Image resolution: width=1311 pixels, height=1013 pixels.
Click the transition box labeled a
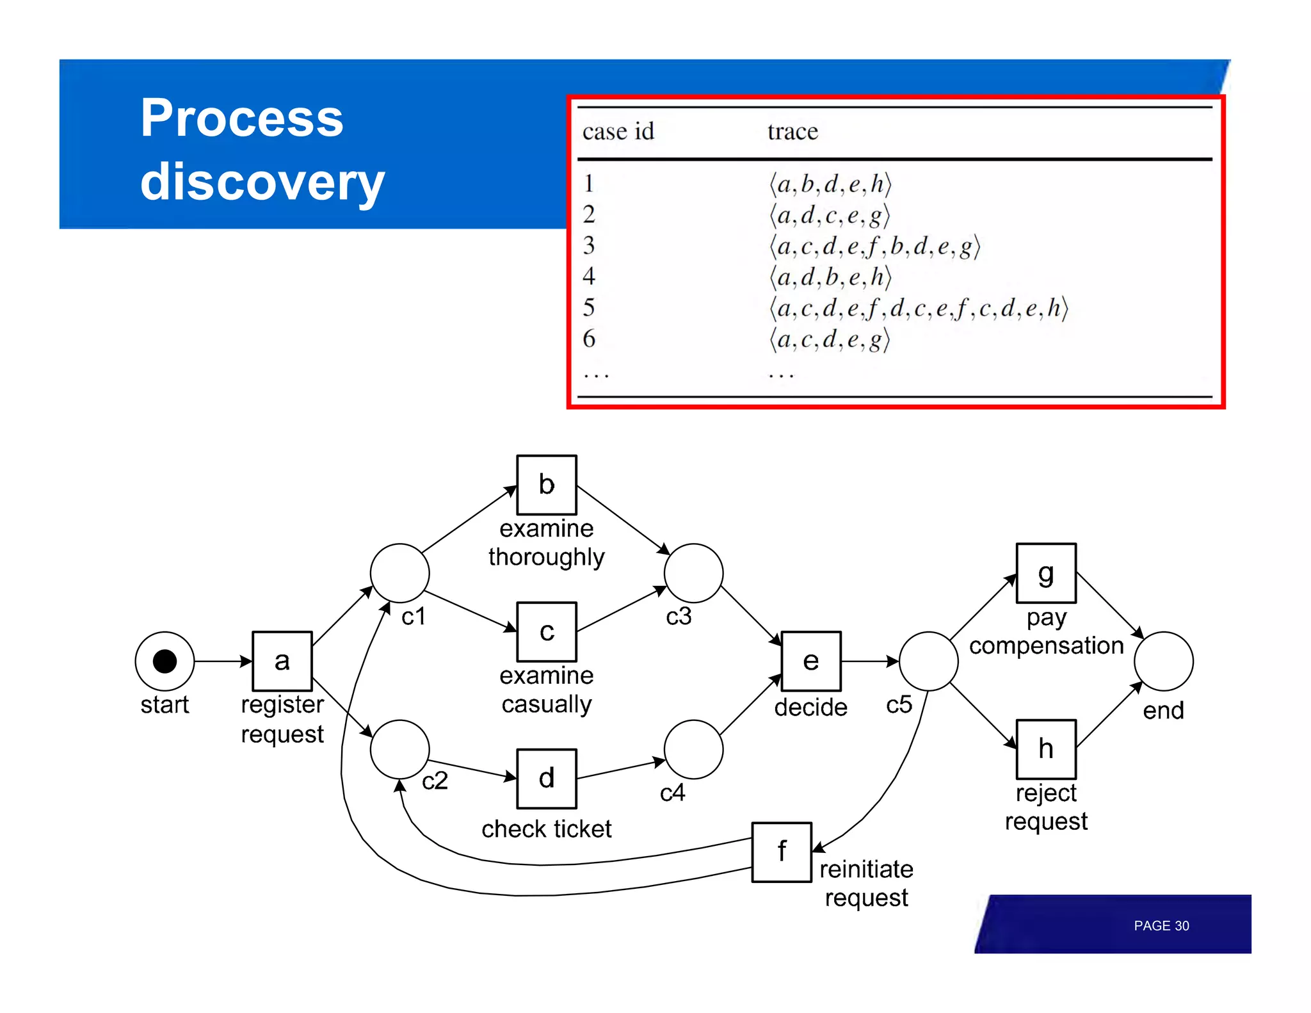(x=282, y=661)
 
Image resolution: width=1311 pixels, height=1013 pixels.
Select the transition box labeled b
(x=546, y=485)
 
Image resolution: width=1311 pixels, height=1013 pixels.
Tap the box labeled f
(x=781, y=852)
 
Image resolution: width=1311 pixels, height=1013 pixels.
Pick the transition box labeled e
(x=810, y=661)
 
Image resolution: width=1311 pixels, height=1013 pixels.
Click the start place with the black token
(x=165, y=661)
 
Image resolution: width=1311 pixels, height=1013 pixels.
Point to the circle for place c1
(x=399, y=573)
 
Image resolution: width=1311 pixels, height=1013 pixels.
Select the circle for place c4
(x=693, y=749)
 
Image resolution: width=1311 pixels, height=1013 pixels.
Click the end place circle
(x=1163, y=661)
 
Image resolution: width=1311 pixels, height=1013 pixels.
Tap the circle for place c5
(x=928, y=661)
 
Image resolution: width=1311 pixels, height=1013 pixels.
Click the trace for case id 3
(x=874, y=247)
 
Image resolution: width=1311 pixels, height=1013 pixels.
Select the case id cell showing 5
(x=589, y=308)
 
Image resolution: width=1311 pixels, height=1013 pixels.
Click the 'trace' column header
(x=792, y=132)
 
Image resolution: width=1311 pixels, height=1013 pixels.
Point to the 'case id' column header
(x=618, y=132)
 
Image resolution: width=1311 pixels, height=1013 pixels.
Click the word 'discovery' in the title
(x=262, y=182)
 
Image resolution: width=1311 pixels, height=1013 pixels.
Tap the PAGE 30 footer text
(x=1161, y=926)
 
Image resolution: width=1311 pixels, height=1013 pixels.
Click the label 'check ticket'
(x=546, y=829)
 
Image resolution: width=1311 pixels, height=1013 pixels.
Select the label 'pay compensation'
(x=1046, y=632)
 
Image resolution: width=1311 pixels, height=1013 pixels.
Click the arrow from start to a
(x=223, y=661)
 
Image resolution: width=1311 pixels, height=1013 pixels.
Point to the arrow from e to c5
(x=869, y=661)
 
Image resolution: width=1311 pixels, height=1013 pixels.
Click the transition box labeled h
(x=1046, y=749)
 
